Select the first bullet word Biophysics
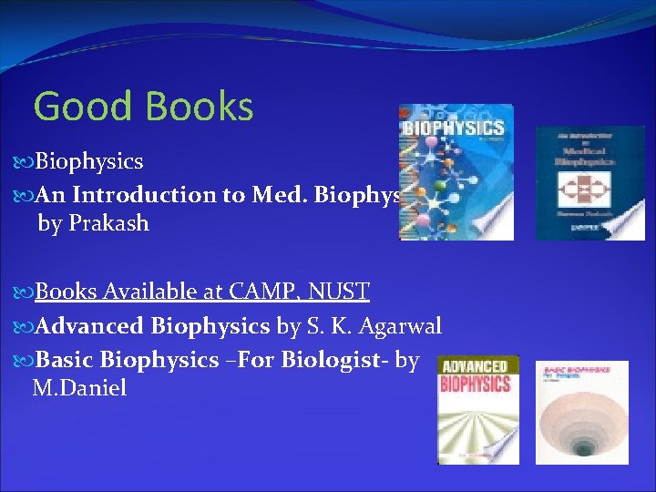89,162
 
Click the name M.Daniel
79,389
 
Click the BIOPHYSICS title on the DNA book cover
454,127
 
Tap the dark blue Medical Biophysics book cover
589,182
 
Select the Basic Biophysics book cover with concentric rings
581,412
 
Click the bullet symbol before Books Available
25,292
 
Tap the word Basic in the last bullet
65,360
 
